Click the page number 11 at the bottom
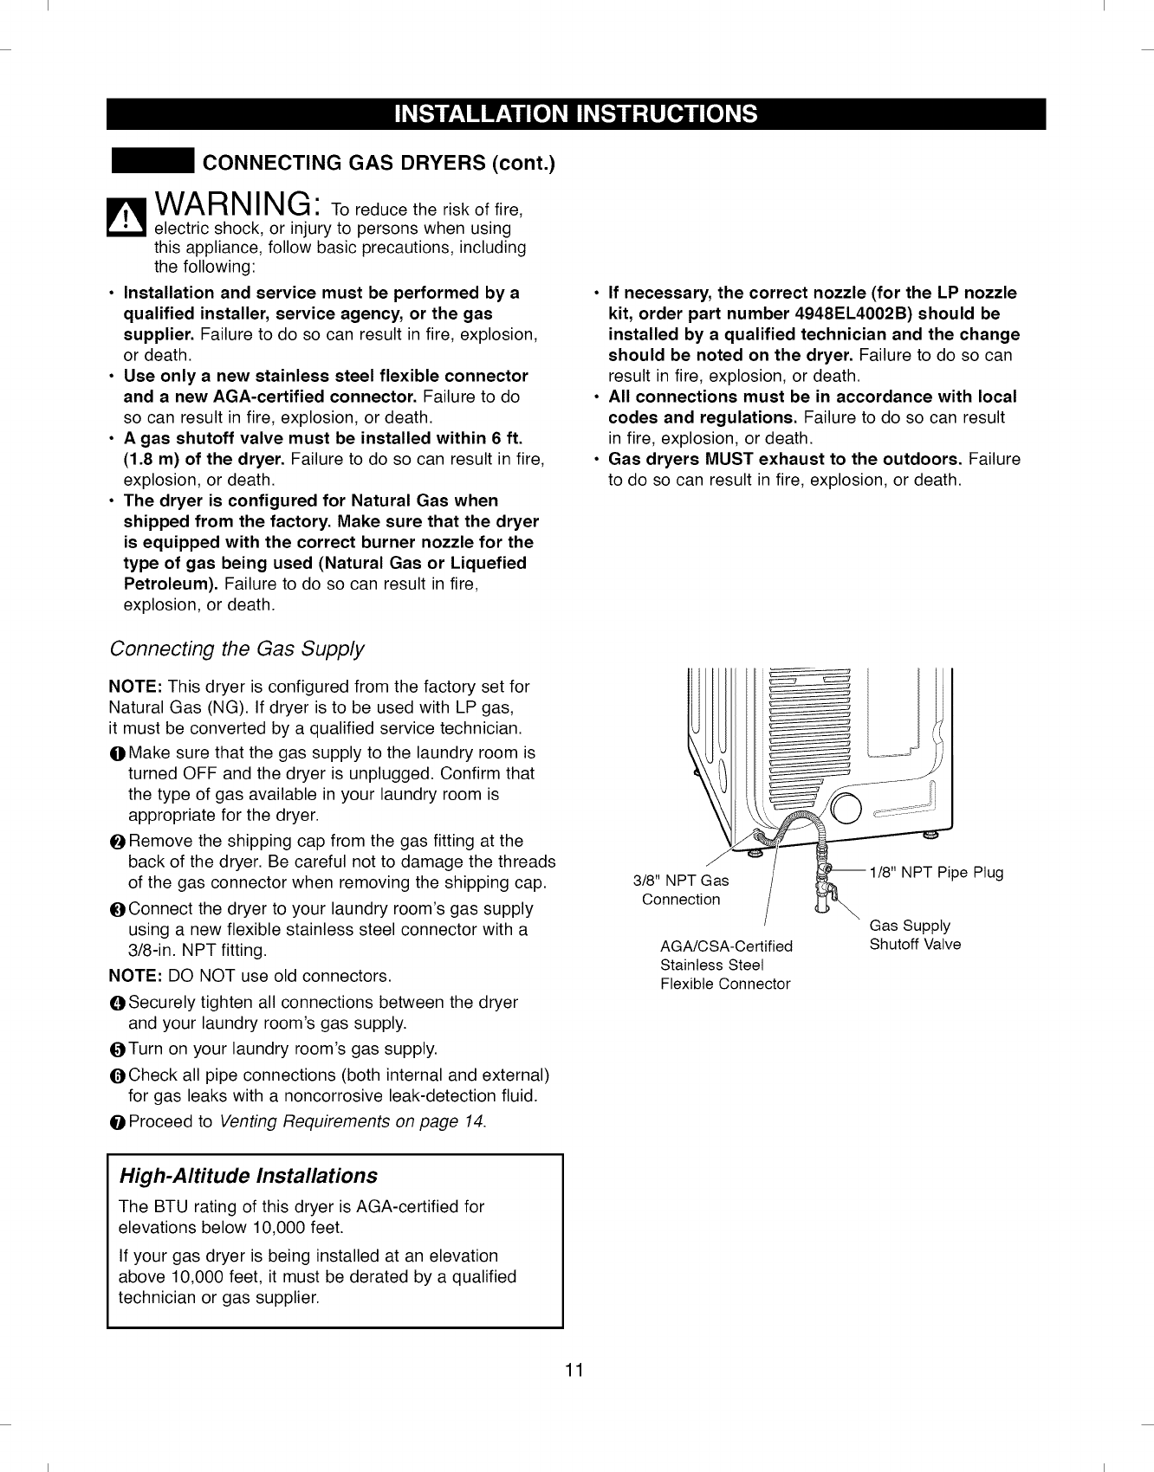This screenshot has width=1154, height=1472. point(574,1370)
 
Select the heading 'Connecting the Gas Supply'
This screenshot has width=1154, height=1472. point(237,649)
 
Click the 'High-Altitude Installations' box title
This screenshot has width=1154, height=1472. point(248,1176)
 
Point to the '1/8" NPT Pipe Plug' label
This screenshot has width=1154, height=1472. point(936,872)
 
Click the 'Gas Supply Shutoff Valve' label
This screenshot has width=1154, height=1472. point(915,935)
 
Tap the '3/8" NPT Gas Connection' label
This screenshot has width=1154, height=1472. point(681,890)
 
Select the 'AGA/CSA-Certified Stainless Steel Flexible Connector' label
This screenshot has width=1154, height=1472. point(726,965)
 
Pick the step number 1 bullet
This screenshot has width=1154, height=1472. point(117,754)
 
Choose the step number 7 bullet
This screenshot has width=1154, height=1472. point(117,1123)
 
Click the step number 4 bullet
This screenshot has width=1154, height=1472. point(117,1004)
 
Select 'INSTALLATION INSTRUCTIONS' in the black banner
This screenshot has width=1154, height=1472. point(576,114)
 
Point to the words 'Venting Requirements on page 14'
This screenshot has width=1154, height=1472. point(353,1122)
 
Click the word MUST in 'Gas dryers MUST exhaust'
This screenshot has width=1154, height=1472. point(728,459)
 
